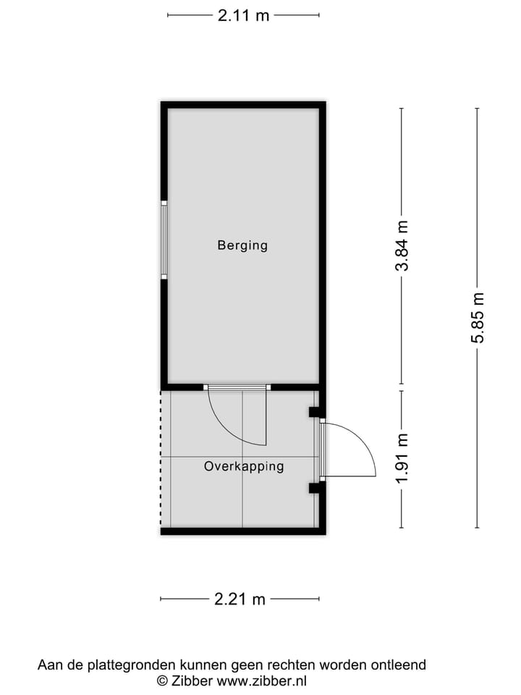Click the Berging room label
(x=242, y=245)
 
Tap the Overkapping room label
(x=244, y=466)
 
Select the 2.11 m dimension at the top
(x=243, y=15)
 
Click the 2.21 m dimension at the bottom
(x=240, y=599)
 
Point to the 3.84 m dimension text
(x=402, y=246)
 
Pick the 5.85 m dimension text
(x=478, y=319)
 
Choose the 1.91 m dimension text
(x=402, y=459)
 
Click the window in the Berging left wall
(x=164, y=240)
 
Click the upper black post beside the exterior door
(x=315, y=412)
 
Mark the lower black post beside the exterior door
(x=315, y=488)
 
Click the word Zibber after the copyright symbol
(x=193, y=681)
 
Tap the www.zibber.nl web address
(x=263, y=681)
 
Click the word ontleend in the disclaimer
(x=400, y=665)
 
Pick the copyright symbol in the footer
(x=163, y=681)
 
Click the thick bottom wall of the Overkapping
(x=243, y=531)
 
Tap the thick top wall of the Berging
(x=243, y=105)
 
